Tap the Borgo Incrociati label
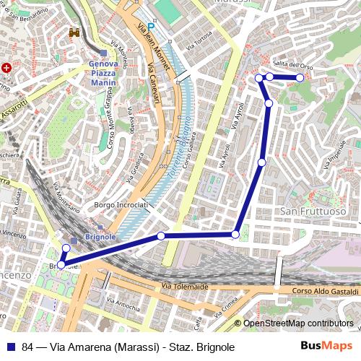pyautogui.click(x=121, y=205)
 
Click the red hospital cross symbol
pyautogui.click(x=6, y=68)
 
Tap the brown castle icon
pyautogui.click(x=74, y=33)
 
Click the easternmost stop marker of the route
pyautogui.click(x=300, y=77)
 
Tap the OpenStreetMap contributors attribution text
pyautogui.click(x=298, y=323)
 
